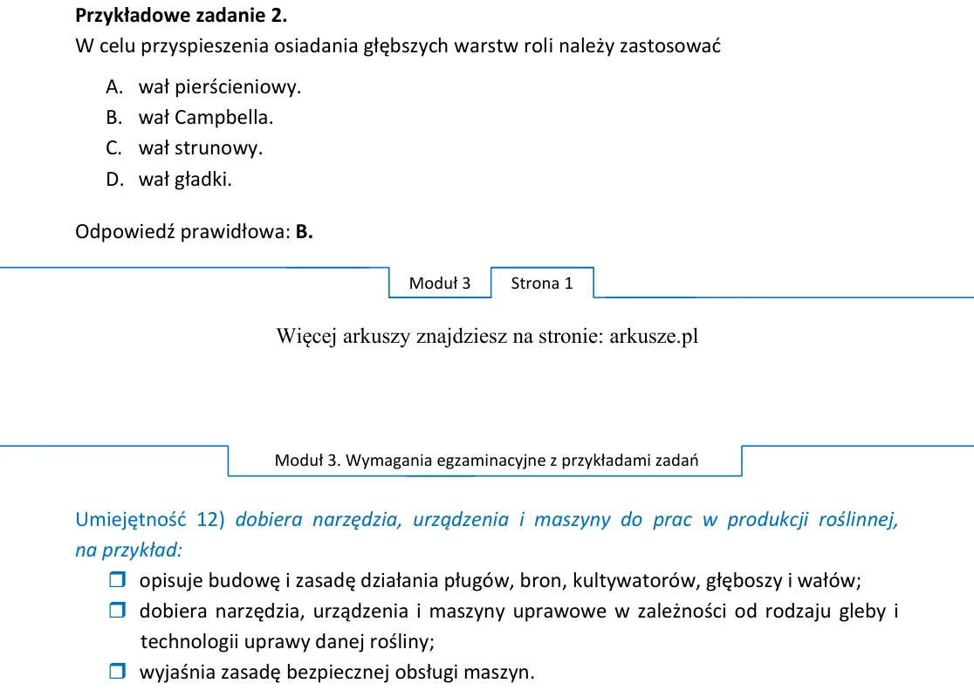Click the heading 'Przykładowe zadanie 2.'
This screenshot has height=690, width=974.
181,16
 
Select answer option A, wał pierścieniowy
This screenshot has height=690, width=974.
203,87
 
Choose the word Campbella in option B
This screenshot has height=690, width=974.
223,118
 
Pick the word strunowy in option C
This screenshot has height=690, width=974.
219,148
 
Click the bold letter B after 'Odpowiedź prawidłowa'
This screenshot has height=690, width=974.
304,232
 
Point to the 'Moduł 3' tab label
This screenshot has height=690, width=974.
440,284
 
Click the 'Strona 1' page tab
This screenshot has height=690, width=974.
542,284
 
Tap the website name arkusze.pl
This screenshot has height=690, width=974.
654,336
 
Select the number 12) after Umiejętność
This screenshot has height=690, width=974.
210,519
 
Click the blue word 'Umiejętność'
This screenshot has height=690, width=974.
130,519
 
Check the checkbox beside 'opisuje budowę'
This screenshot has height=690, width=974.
118,579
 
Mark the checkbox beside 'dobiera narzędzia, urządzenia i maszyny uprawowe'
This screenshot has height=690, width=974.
118,610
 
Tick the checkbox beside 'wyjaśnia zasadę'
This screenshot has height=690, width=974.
118,671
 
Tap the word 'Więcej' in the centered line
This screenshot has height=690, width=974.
306,336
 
